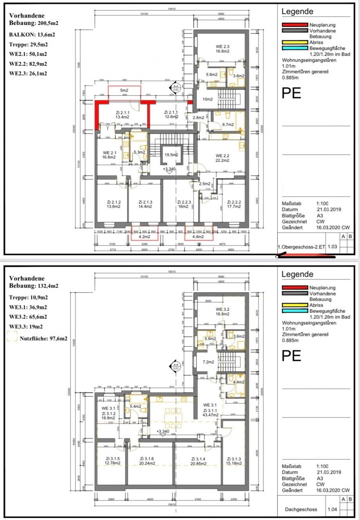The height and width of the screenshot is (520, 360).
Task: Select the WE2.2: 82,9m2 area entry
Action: click(28, 63)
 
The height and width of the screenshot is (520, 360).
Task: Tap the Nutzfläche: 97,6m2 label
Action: click(43, 339)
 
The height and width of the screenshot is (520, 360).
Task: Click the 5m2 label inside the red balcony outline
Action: click(124, 90)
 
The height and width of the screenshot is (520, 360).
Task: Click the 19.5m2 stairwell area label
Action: click(171, 155)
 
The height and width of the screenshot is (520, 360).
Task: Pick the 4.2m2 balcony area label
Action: click(144, 236)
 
